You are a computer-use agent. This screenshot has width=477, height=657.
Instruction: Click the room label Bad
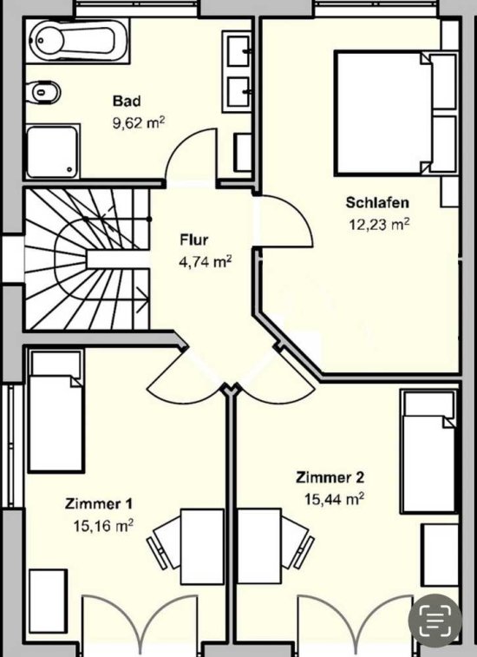click(x=127, y=101)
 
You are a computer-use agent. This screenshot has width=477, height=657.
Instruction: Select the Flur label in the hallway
click(x=194, y=240)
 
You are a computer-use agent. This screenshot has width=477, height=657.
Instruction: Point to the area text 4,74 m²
click(x=206, y=262)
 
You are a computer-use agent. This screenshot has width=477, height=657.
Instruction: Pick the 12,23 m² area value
click(x=379, y=224)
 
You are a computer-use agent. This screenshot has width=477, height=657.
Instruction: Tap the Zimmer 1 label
click(x=99, y=503)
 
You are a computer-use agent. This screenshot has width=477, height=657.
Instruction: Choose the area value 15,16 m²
click(x=103, y=525)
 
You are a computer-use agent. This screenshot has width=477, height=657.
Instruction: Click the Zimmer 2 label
click(x=330, y=477)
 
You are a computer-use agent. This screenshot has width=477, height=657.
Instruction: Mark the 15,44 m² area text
click(x=334, y=499)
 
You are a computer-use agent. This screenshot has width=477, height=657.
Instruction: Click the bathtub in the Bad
click(x=77, y=41)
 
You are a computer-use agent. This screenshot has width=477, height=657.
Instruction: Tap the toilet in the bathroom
click(x=43, y=91)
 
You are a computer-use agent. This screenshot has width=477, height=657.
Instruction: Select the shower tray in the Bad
click(x=53, y=151)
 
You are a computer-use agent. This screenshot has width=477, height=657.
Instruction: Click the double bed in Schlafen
click(x=395, y=113)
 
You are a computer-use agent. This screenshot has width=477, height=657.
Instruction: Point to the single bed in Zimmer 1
click(x=56, y=411)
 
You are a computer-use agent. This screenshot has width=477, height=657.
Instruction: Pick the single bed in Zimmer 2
click(x=428, y=451)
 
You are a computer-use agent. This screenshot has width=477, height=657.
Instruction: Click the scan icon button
click(x=435, y=621)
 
